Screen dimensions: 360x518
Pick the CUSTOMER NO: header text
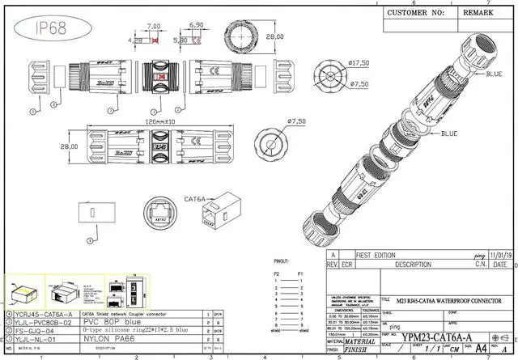pos(415,13)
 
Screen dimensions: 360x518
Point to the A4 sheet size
pos(482,348)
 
